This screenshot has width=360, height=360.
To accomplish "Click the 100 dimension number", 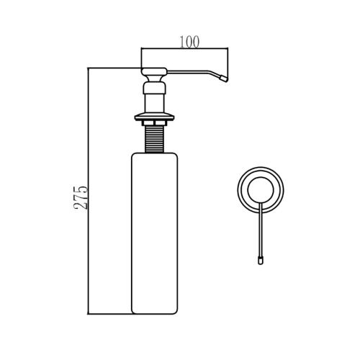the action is click(189, 42).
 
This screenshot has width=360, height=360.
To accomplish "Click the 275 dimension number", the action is click(81, 198).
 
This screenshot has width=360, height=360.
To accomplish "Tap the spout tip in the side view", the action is click(224, 78).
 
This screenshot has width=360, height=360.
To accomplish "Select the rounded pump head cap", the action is click(154, 71).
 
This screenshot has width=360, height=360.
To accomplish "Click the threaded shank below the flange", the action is click(154, 139).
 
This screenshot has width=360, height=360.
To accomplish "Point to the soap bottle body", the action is click(155, 233).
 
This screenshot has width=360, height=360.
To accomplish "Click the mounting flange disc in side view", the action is click(154, 117).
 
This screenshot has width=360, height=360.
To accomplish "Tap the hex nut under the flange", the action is click(154, 123).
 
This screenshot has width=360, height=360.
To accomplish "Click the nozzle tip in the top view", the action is click(261, 261).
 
